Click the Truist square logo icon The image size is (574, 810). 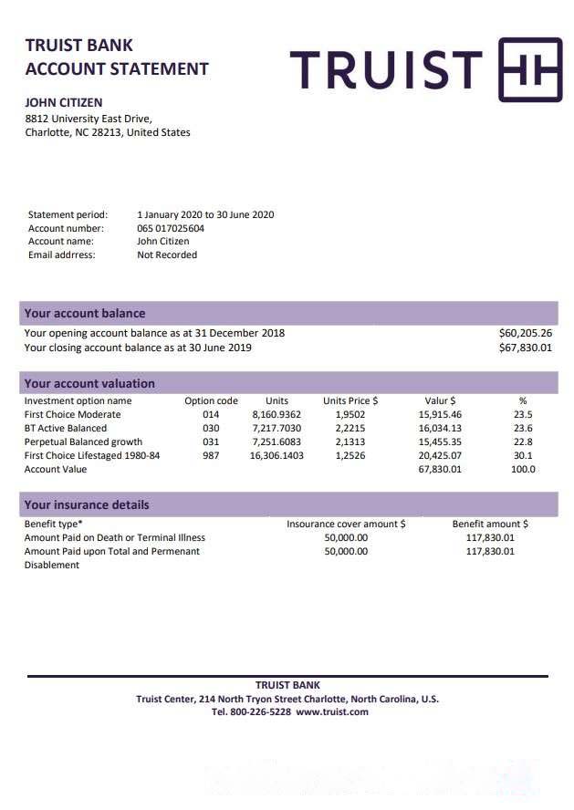(x=529, y=69)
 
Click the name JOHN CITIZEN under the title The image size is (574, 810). (x=63, y=103)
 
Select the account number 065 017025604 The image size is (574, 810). (x=171, y=228)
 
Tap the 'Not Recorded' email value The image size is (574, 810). (x=167, y=255)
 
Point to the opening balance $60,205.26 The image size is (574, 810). (x=526, y=333)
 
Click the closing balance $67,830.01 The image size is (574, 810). (x=526, y=348)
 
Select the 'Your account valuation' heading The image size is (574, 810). (x=89, y=384)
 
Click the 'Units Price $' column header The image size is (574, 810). (x=350, y=400)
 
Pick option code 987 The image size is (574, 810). (x=211, y=455)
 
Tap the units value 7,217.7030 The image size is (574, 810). (x=277, y=428)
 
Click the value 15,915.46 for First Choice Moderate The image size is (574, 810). (x=440, y=414)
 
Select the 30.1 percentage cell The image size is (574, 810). (x=523, y=455)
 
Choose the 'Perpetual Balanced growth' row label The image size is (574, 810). (x=83, y=441)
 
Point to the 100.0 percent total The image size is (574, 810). (x=523, y=469)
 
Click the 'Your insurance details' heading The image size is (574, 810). (x=87, y=504)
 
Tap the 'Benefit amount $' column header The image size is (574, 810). (x=490, y=524)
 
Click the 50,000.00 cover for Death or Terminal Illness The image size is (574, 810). (x=346, y=538)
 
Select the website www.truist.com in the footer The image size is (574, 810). (x=332, y=711)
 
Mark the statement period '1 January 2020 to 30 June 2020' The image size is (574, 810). (x=205, y=215)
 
